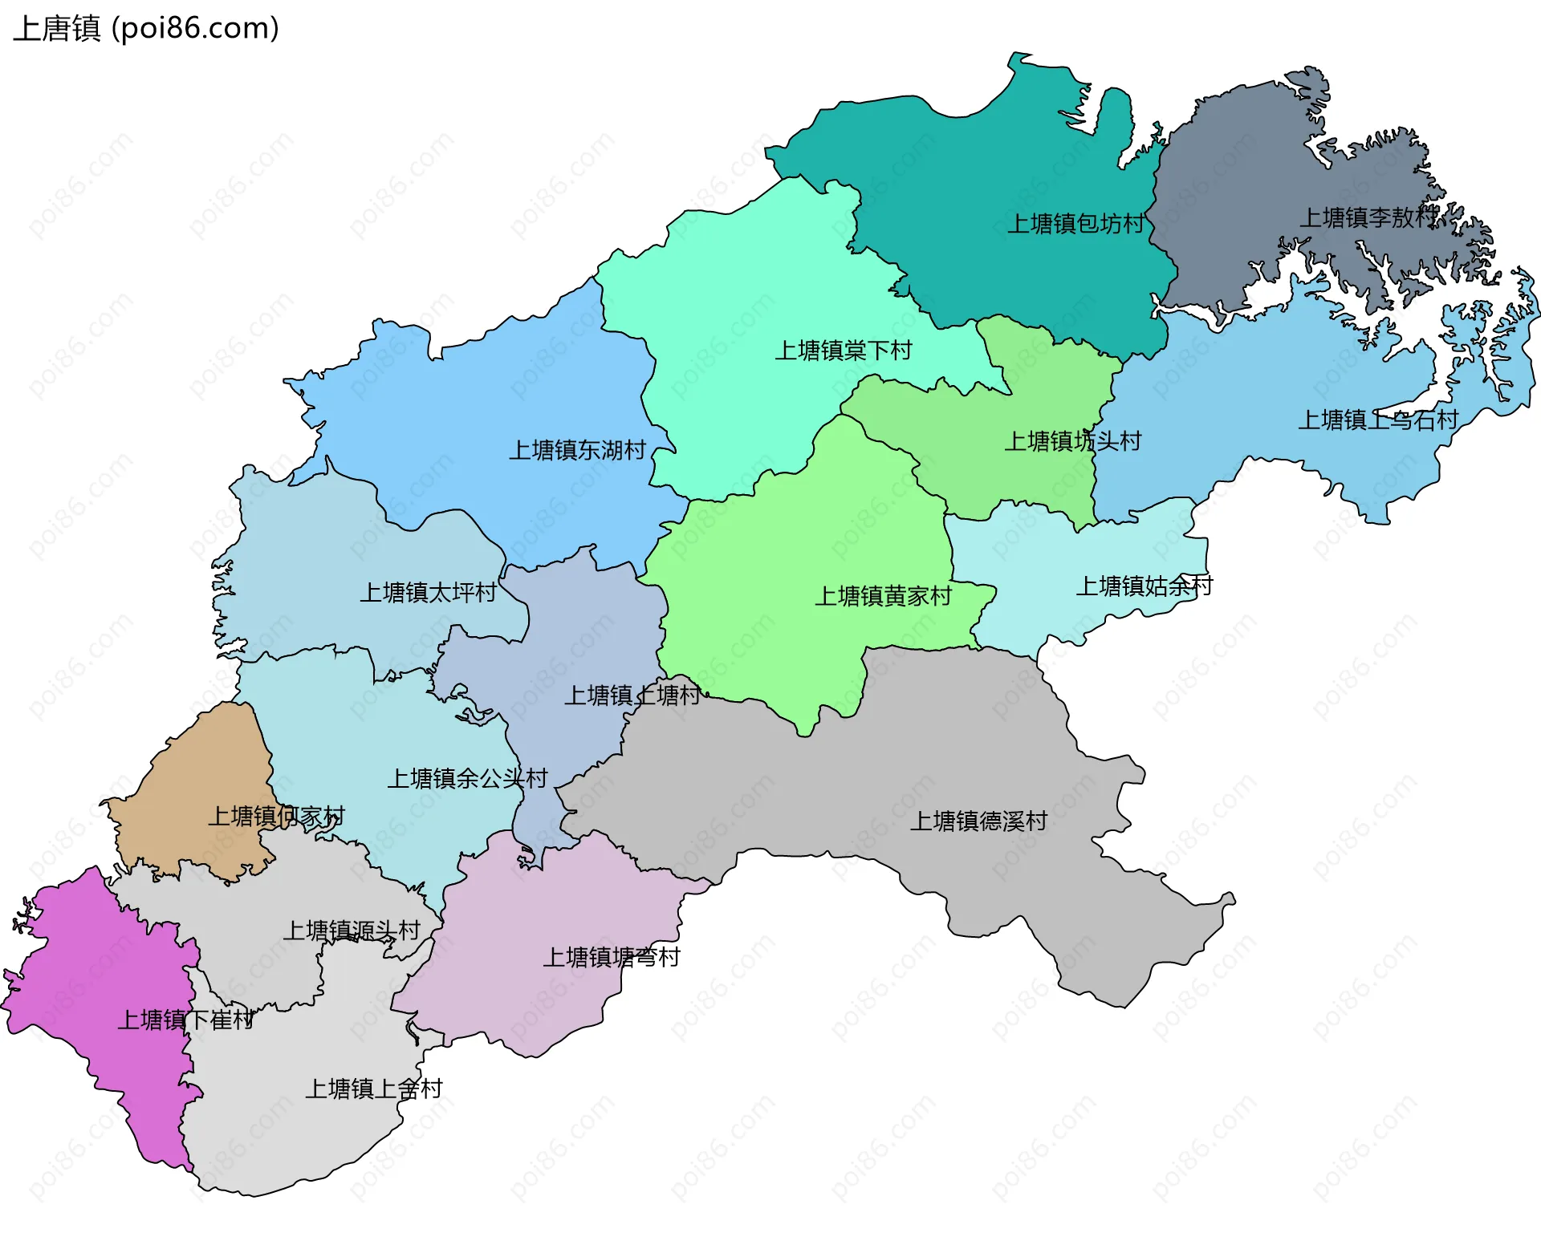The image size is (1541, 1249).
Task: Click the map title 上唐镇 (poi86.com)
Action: coord(146,29)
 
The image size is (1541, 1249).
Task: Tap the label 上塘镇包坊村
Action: coord(1075,224)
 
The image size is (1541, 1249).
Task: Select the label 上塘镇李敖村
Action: coord(1368,217)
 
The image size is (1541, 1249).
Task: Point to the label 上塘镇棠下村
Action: coord(843,351)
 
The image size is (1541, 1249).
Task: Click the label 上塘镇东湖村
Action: coord(577,450)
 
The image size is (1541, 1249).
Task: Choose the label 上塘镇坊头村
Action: coord(1072,441)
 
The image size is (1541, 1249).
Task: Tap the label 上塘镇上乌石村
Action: coord(1377,420)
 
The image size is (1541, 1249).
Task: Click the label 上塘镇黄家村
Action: coord(883,596)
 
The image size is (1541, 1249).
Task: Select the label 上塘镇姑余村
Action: coord(1144,586)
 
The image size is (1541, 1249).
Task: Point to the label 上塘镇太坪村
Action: coord(428,593)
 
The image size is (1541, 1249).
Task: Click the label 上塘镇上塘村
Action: coord(632,695)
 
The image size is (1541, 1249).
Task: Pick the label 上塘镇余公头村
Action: coord(467,778)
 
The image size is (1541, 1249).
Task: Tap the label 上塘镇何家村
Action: coord(276,817)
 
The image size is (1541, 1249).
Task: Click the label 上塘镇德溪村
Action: coord(978,821)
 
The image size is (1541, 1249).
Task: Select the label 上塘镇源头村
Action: coord(352,931)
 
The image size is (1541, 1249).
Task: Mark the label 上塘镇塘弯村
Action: coord(611,957)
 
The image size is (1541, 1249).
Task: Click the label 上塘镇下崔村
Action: coord(186,1020)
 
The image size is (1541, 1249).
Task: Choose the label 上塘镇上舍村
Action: coord(373,1089)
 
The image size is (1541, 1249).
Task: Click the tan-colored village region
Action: coord(201,762)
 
